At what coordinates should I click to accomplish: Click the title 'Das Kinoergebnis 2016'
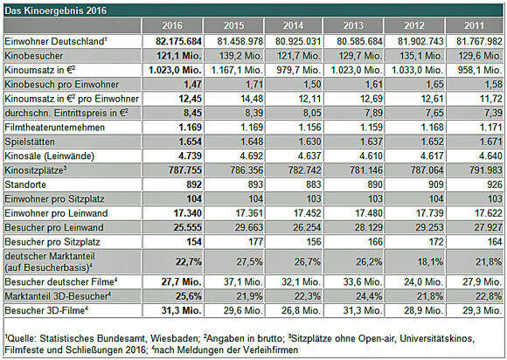click(x=55, y=10)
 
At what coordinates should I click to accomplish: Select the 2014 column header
click(x=293, y=25)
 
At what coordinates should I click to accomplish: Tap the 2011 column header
click(x=475, y=25)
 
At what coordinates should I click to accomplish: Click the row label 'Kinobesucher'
click(x=33, y=56)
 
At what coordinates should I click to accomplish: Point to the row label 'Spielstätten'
click(x=30, y=142)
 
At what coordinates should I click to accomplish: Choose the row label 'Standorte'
click(x=25, y=184)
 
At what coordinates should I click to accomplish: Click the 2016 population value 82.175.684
click(x=178, y=41)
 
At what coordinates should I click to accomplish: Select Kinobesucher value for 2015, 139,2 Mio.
click(x=240, y=56)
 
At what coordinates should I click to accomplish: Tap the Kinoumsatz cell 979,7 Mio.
click(x=298, y=70)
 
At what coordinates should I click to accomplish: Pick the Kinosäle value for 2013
click(x=371, y=156)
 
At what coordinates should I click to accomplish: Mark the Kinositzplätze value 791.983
click(x=486, y=170)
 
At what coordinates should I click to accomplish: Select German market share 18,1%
click(x=429, y=261)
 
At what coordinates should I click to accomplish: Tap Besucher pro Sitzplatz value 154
click(x=194, y=242)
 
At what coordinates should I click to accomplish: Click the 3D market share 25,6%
click(x=189, y=296)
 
